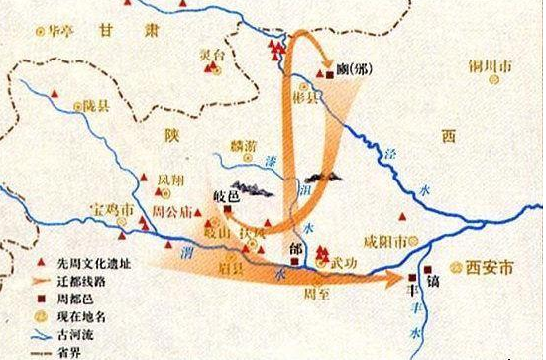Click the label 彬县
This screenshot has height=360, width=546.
(314, 100)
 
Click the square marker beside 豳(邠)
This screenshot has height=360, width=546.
(328, 70)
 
